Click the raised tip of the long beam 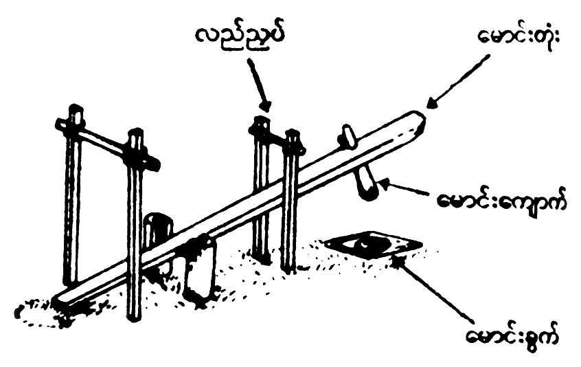click(x=415, y=120)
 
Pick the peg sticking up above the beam click(x=348, y=135)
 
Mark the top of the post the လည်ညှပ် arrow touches click(x=260, y=124)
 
